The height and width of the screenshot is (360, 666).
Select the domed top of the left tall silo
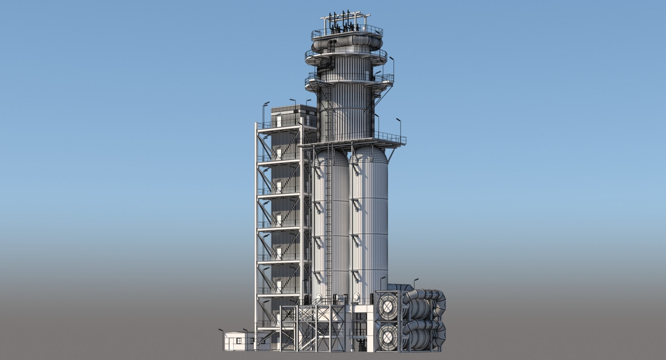click(330, 156)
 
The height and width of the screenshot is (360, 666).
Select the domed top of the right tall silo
click(369, 154)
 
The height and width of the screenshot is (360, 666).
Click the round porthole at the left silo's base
click(319, 298)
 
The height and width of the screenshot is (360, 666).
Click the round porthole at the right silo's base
click(356, 298)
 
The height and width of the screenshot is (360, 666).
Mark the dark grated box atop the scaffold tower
click(293, 116)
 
